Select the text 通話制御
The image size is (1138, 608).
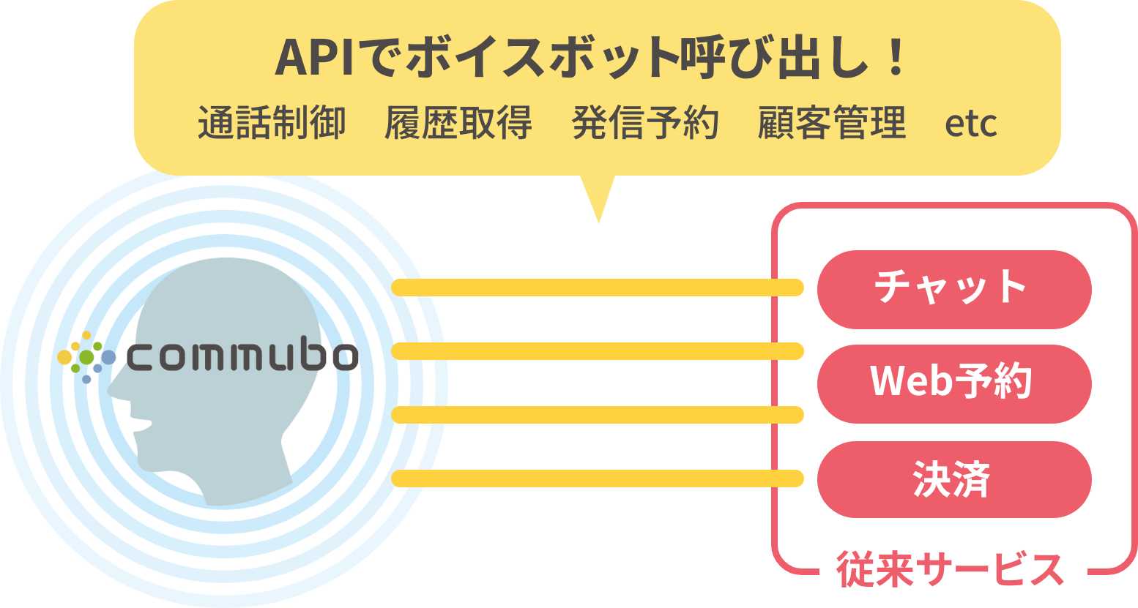(272, 122)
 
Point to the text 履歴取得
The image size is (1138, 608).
(458, 122)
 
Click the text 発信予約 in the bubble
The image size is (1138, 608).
(644, 122)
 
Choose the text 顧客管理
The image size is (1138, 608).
(832, 122)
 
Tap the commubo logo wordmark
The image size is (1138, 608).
(242, 357)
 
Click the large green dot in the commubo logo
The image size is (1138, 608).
(86, 357)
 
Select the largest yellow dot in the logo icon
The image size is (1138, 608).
(64, 357)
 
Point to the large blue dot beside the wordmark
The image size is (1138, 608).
(108, 357)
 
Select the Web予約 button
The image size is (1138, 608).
(953, 383)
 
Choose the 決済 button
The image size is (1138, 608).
(953, 480)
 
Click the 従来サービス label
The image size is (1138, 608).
(950, 570)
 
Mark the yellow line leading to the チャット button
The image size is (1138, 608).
(597, 288)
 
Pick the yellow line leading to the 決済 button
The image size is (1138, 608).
(597, 479)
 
